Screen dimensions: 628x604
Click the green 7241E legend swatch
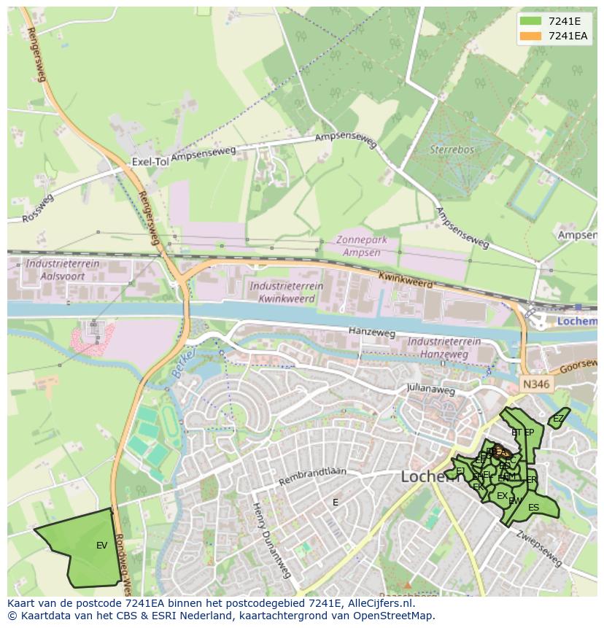pos(531,21)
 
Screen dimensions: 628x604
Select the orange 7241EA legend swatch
pos(531,36)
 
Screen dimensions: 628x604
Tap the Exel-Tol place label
pos(150,161)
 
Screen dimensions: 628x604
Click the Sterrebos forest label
pos(452,150)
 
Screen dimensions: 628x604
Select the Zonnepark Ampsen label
pos(367,246)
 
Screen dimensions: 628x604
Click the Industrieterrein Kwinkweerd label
pos(282,292)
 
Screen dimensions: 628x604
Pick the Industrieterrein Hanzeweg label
pos(444,347)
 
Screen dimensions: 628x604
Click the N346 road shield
pos(537,383)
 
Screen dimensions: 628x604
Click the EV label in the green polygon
pos(101,545)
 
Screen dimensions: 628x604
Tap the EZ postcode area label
pos(558,419)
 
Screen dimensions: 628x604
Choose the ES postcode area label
pos(533,508)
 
